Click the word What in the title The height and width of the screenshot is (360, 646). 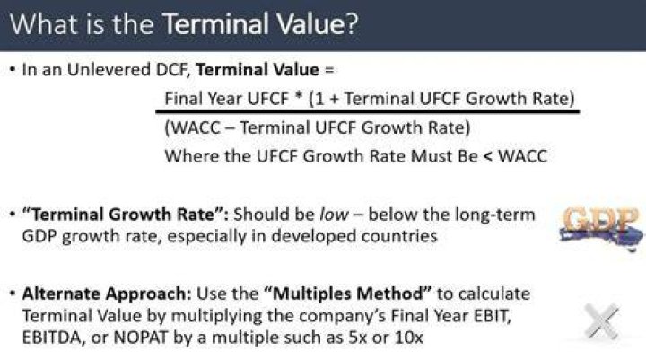click(44, 24)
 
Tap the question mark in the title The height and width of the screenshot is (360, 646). click(352, 24)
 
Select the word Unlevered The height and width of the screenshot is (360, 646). click(109, 70)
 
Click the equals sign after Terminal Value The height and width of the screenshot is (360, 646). click(329, 70)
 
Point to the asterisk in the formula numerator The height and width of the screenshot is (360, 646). click(299, 97)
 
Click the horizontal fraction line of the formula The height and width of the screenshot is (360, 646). click(368, 111)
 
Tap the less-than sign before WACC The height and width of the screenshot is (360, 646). click(488, 157)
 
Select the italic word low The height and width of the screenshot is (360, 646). click(334, 215)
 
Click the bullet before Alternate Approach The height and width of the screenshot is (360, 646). click(13, 294)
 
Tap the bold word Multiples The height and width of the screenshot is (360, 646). click(308, 294)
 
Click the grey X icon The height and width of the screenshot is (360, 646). click(601, 321)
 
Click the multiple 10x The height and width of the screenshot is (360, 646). click(409, 338)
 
